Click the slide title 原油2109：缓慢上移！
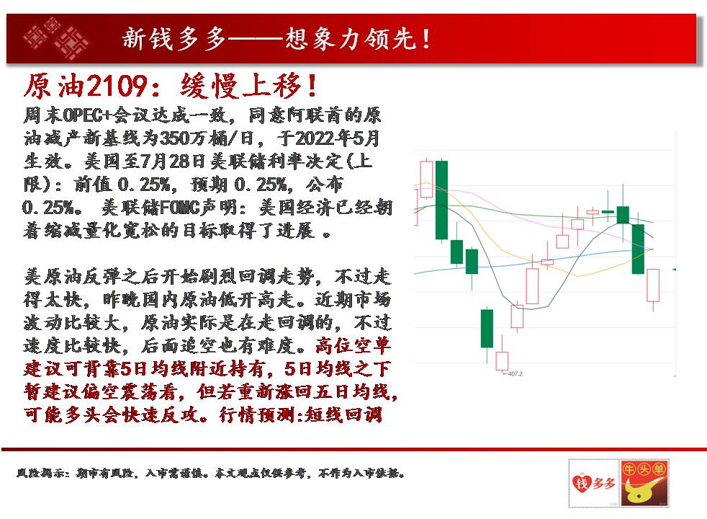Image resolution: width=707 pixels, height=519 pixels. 171,86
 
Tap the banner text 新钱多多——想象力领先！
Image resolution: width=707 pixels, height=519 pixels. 276,38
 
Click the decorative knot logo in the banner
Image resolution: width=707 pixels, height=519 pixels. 56,38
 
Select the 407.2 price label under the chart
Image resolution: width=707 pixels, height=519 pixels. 515,373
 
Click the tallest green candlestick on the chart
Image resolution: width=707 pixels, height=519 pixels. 441,200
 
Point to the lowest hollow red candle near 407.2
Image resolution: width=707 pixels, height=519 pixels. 502,360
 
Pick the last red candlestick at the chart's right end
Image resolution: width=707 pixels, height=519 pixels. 653,285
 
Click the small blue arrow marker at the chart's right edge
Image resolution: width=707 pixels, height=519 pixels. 674,270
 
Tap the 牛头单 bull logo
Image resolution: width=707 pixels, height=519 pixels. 644,483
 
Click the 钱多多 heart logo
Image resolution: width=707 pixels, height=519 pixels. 594,483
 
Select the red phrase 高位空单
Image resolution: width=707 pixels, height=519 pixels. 353,346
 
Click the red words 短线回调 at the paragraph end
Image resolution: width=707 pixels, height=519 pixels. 344,414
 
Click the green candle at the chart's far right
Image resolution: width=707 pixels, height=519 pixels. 638,249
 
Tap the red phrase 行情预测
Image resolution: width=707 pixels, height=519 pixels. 258,414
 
